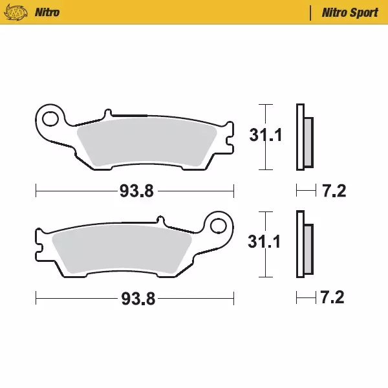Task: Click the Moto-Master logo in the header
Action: pyautogui.click(x=21, y=12)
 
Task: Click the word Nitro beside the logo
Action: pyautogui.click(x=48, y=12)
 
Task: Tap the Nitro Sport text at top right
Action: pyautogui.click(x=350, y=12)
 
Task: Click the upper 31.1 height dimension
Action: pyautogui.click(x=265, y=136)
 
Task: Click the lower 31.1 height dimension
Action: pyautogui.click(x=265, y=242)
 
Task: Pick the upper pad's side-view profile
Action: pyautogui.click(x=303, y=137)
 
